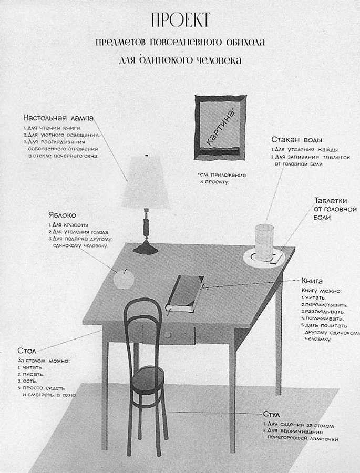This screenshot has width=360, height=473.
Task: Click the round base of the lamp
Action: [146, 249]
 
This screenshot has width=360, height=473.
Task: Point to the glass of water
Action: [264, 242]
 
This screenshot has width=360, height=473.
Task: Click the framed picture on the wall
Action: [220, 128]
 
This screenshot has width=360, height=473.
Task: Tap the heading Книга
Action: [312, 281]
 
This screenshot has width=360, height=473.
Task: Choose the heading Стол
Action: [26, 350]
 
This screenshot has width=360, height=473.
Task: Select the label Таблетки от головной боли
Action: [335, 209]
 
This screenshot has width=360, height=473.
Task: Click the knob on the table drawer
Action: [167, 335]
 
